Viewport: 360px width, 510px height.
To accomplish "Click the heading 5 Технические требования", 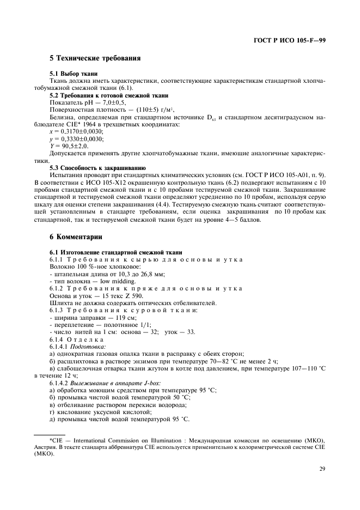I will point(95,58).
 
